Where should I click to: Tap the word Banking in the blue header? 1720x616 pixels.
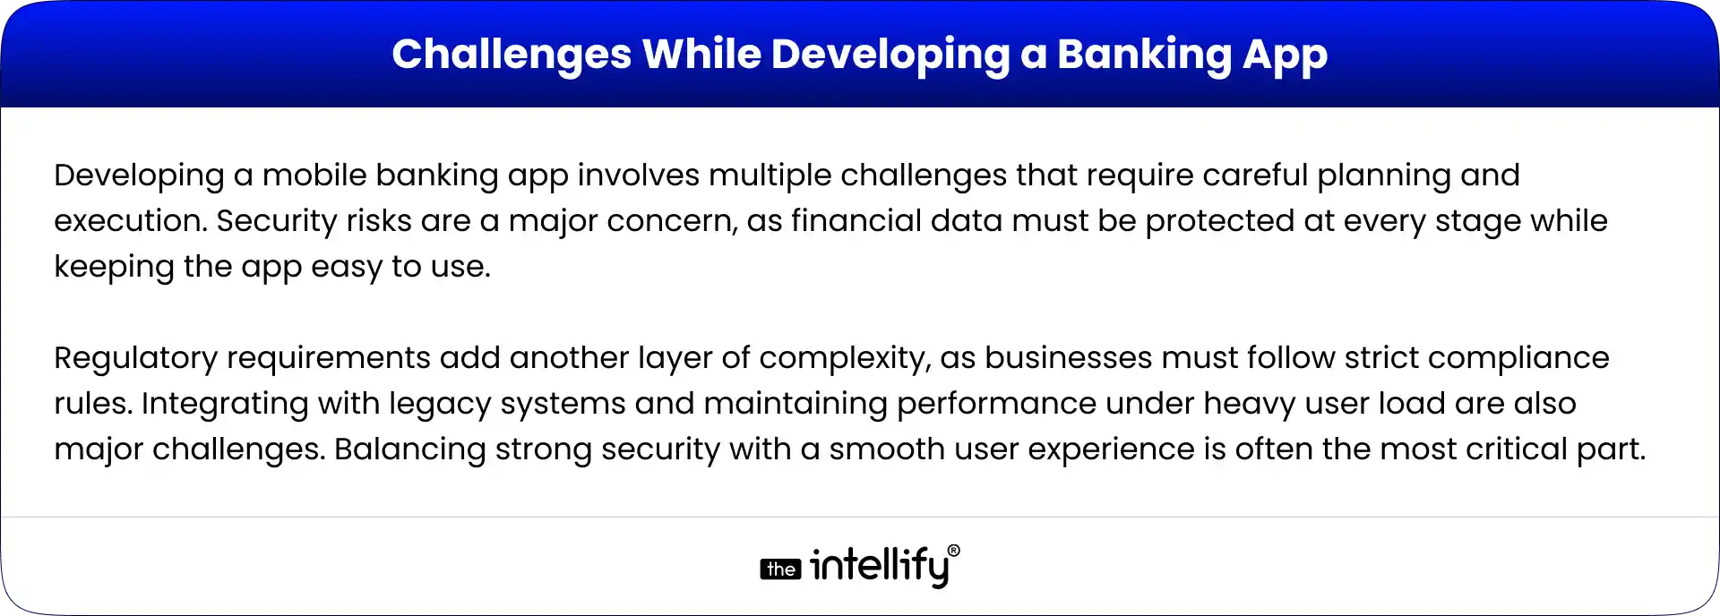click(x=1143, y=54)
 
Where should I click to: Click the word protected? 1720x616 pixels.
click(x=1219, y=220)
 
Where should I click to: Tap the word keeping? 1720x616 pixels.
click(x=114, y=266)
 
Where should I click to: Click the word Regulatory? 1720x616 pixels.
click(x=135, y=357)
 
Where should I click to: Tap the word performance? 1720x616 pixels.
click(x=996, y=403)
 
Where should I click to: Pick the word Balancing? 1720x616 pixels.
click(x=409, y=449)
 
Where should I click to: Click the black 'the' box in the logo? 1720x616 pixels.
click(x=780, y=569)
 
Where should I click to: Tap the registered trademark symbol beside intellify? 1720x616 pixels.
click(x=953, y=551)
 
